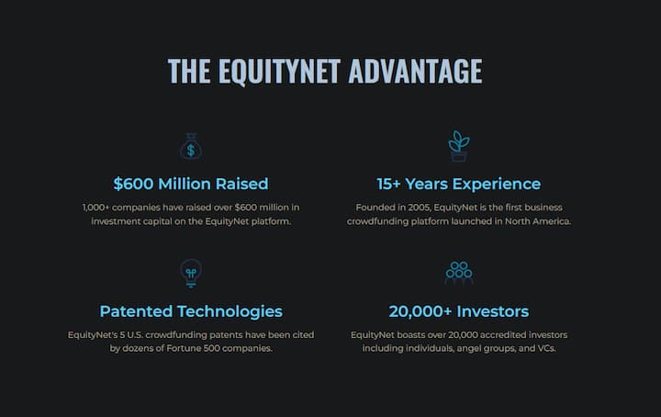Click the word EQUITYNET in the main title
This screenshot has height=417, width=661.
click(x=279, y=72)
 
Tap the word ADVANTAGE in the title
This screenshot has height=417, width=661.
click(x=415, y=71)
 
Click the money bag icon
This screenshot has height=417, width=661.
click(x=191, y=146)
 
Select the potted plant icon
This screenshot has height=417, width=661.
click(x=459, y=146)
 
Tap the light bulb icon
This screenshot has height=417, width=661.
click(x=191, y=273)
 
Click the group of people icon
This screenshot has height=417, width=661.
click(x=459, y=273)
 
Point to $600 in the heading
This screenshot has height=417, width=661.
click(x=133, y=184)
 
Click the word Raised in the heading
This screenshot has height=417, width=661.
click(x=241, y=184)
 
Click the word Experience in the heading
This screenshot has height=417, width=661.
click(x=497, y=185)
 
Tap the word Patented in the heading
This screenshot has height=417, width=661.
click(x=136, y=311)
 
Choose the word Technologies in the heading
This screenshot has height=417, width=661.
click(x=230, y=312)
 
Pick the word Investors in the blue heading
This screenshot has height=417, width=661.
click(x=492, y=311)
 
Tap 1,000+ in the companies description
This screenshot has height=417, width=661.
click(x=95, y=208)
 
